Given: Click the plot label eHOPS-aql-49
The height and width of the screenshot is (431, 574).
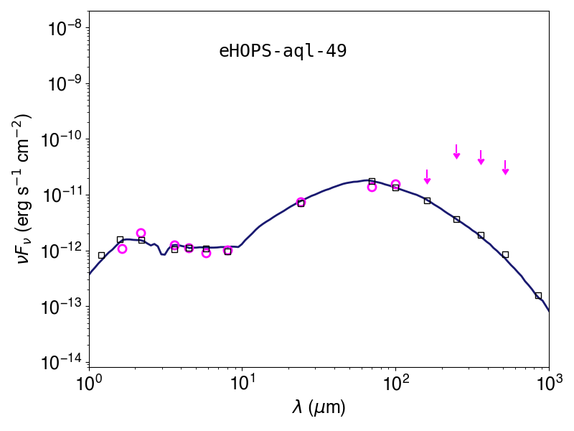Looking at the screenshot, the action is point(283,51).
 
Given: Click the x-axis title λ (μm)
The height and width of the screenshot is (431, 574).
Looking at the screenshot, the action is point(319,407).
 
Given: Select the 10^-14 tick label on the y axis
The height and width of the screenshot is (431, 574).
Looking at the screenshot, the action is point(63,363).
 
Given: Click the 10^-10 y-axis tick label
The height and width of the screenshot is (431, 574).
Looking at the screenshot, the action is point(63,139).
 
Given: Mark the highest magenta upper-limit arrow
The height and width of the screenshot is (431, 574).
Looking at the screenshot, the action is point(456,152).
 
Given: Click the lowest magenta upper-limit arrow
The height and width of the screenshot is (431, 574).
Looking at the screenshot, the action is point(427,177).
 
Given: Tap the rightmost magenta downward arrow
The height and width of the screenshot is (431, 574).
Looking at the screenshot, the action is point(506,167).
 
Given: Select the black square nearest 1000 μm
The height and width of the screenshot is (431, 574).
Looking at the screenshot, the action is point(538,296).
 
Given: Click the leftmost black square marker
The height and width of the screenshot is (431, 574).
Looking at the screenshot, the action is point(101,256).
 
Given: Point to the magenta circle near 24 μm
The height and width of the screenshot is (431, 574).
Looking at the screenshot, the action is point(301,202).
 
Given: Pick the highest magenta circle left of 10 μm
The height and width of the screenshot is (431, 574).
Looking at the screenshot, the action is point(141,233).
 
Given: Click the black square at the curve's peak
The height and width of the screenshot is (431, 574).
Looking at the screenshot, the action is point(372,181).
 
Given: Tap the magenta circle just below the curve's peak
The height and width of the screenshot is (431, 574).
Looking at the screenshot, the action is point(372,187).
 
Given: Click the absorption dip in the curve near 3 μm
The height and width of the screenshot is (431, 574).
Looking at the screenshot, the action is point(163,254).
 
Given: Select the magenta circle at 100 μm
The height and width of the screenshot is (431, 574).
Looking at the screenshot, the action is point(396,184).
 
